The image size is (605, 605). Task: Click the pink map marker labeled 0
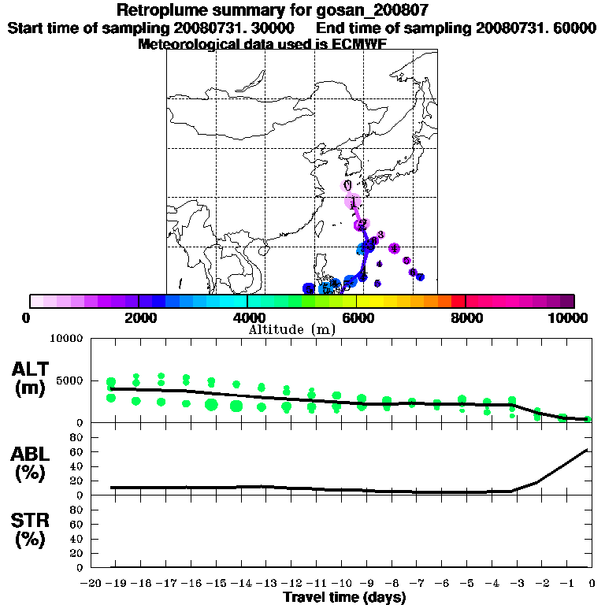347,185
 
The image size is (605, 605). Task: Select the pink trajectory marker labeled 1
353,202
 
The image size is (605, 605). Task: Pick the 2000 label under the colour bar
138,317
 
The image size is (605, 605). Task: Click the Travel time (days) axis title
344,598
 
